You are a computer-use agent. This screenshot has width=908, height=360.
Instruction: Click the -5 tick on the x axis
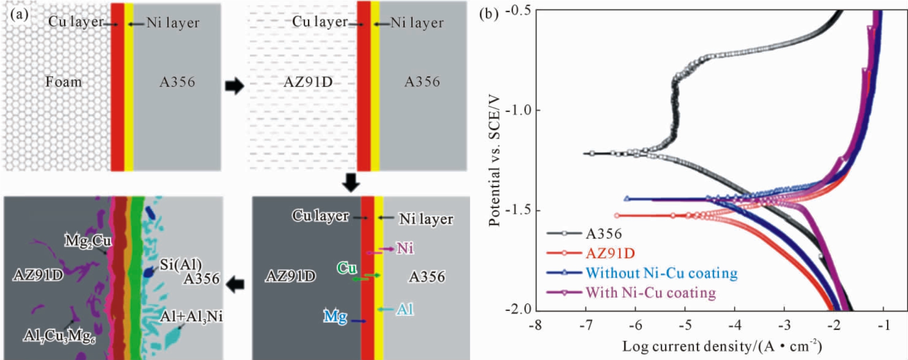pyautogui.click(x=685, y=325)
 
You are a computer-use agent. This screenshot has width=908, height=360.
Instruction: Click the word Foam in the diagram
pyautogui.click(x=63, y=82)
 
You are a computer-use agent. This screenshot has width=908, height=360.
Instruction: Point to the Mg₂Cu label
pyautogui.click(x=88, y=240)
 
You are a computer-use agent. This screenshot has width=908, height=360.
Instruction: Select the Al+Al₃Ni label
pyautogui.click(x=192, y=316)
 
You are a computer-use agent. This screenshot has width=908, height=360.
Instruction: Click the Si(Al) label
pyautogui.click(x=181, y=264)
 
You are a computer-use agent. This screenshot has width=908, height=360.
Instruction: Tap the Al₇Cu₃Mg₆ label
pyautogui.click(x=59, y=337)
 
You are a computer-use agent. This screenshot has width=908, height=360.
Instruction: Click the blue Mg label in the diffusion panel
pyautogui.click(x=335, y=316)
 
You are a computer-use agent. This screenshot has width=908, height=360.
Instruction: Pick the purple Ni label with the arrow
pyautogui.click(x=405, y=248)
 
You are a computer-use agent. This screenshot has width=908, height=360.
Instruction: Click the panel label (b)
pyautogui.click(x=488, y=14)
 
